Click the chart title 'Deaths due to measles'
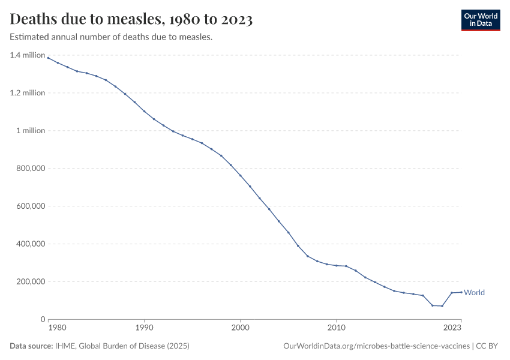point(131,19)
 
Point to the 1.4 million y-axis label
point(28,55)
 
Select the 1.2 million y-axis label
point(28,93)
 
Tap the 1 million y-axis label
point(31,131)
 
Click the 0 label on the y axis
point(43,319)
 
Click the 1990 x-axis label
point(144,329)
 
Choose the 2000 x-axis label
point(240,329)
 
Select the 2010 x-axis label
point(336,329)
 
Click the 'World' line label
point(474,293)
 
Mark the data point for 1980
point(49,58)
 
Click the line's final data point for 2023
point(461,292)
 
